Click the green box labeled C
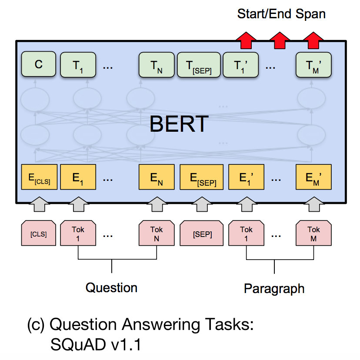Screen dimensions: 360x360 point(39,65)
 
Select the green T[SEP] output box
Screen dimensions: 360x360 point(200,65)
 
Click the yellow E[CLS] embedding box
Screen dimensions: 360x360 point(39,177)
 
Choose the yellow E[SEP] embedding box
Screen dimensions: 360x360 point(201,177)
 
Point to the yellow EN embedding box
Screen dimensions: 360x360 point(157,177)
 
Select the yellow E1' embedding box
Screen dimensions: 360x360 point(246,177)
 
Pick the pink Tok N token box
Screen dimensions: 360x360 point(157,234)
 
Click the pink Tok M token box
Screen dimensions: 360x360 point(313,234)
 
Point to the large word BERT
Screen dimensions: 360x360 point(179,123)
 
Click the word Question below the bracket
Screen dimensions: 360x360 point(111,287)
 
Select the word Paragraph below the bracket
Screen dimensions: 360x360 point(274,288)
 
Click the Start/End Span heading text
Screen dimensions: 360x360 point(281,14)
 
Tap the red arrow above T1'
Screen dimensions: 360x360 point(246,40)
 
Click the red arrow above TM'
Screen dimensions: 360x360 point(311,40)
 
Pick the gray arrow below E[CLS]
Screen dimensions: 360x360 point(39,204)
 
